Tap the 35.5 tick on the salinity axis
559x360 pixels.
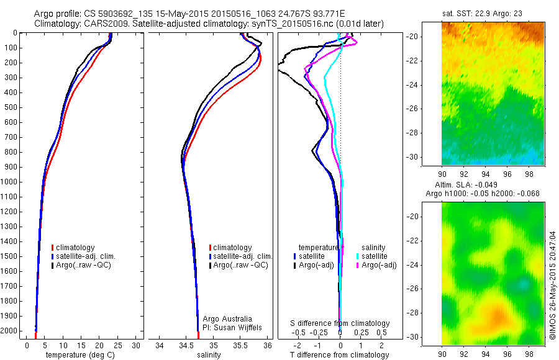coord(240,345)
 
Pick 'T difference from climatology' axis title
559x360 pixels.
coord(339,355)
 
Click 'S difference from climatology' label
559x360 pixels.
coord(340,324)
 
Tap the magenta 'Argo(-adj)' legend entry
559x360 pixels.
coord(378,265)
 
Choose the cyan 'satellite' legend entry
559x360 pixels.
coord(375,256)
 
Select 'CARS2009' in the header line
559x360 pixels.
coord(102,24)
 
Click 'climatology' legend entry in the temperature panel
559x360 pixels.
coord(76,248)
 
